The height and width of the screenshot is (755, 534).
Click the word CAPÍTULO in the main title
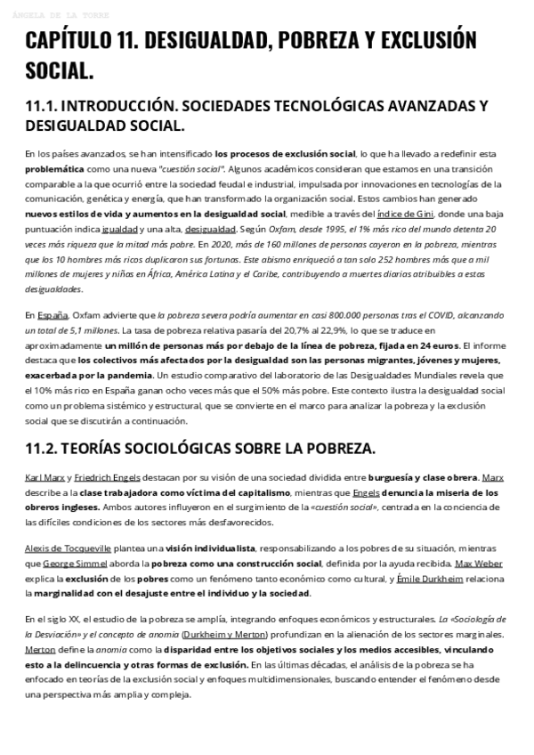click(x=77, y=41)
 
